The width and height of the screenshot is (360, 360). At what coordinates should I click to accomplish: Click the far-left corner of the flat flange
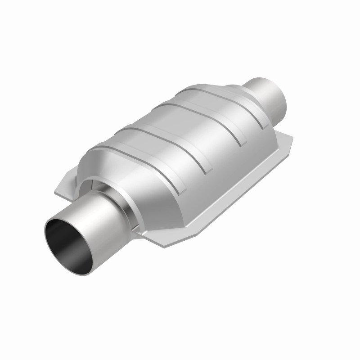pyautogui.click(x=56, y=191)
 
